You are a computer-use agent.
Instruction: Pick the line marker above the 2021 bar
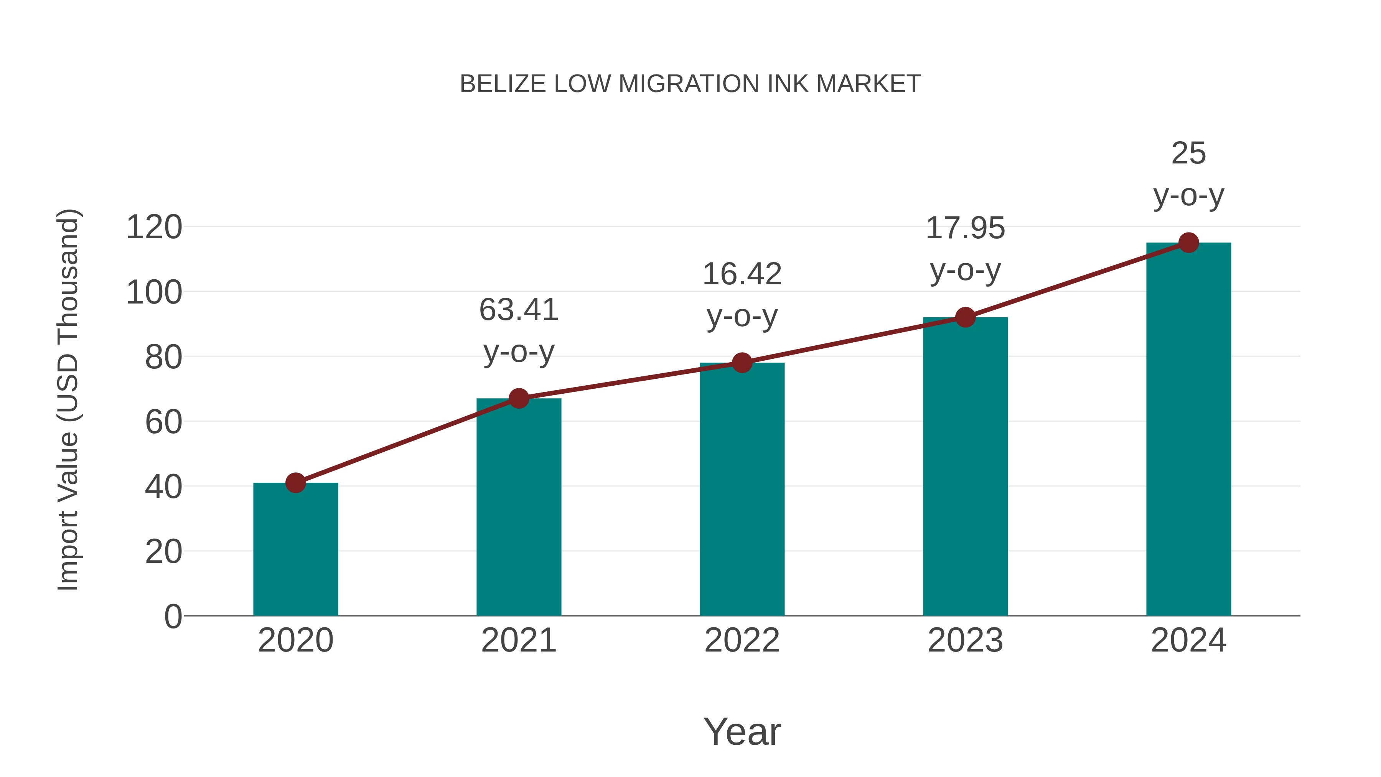coord(519,398)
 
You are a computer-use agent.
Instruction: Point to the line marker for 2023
coord(965,317)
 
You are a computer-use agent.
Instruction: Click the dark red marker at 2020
coord(295,483)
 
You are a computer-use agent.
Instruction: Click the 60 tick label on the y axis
coord(163,422)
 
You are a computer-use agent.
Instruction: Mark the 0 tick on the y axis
coord(173,616)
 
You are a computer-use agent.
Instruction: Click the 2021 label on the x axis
coord(519,640)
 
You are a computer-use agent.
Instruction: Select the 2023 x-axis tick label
coord(965,640)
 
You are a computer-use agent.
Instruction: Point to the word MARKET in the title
coord(868,84)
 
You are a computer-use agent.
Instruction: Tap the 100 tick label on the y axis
coord(154,293)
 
